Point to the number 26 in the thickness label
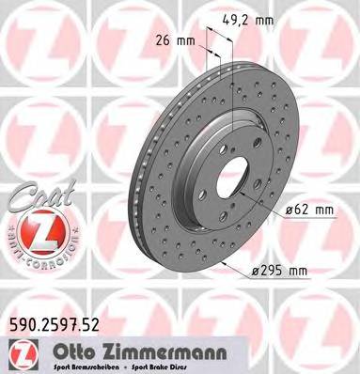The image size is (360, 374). click(161, 39)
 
